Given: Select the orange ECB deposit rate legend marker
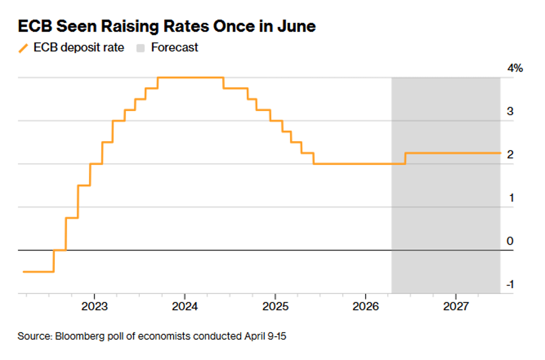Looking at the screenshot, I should point(23,48).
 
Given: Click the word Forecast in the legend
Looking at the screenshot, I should point(174,48).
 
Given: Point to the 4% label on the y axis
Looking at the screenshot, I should point(515,69).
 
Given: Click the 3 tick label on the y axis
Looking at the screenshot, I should point(510,111).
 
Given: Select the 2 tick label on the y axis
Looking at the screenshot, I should point(510,154).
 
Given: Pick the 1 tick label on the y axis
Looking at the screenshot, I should point(510,198).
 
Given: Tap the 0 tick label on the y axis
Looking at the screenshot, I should point(510,241).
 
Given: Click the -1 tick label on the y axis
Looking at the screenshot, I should point(509,284).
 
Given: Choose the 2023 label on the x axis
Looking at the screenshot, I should point(94,306).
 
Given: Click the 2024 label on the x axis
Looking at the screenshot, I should point(185,306).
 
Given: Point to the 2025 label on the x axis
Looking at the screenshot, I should point(275,306).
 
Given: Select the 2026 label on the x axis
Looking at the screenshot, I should point(366,306).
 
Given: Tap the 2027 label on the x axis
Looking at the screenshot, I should point(456,306).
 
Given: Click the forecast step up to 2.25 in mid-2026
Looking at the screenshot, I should point(406,158).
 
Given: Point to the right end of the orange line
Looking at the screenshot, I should point(500,153).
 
